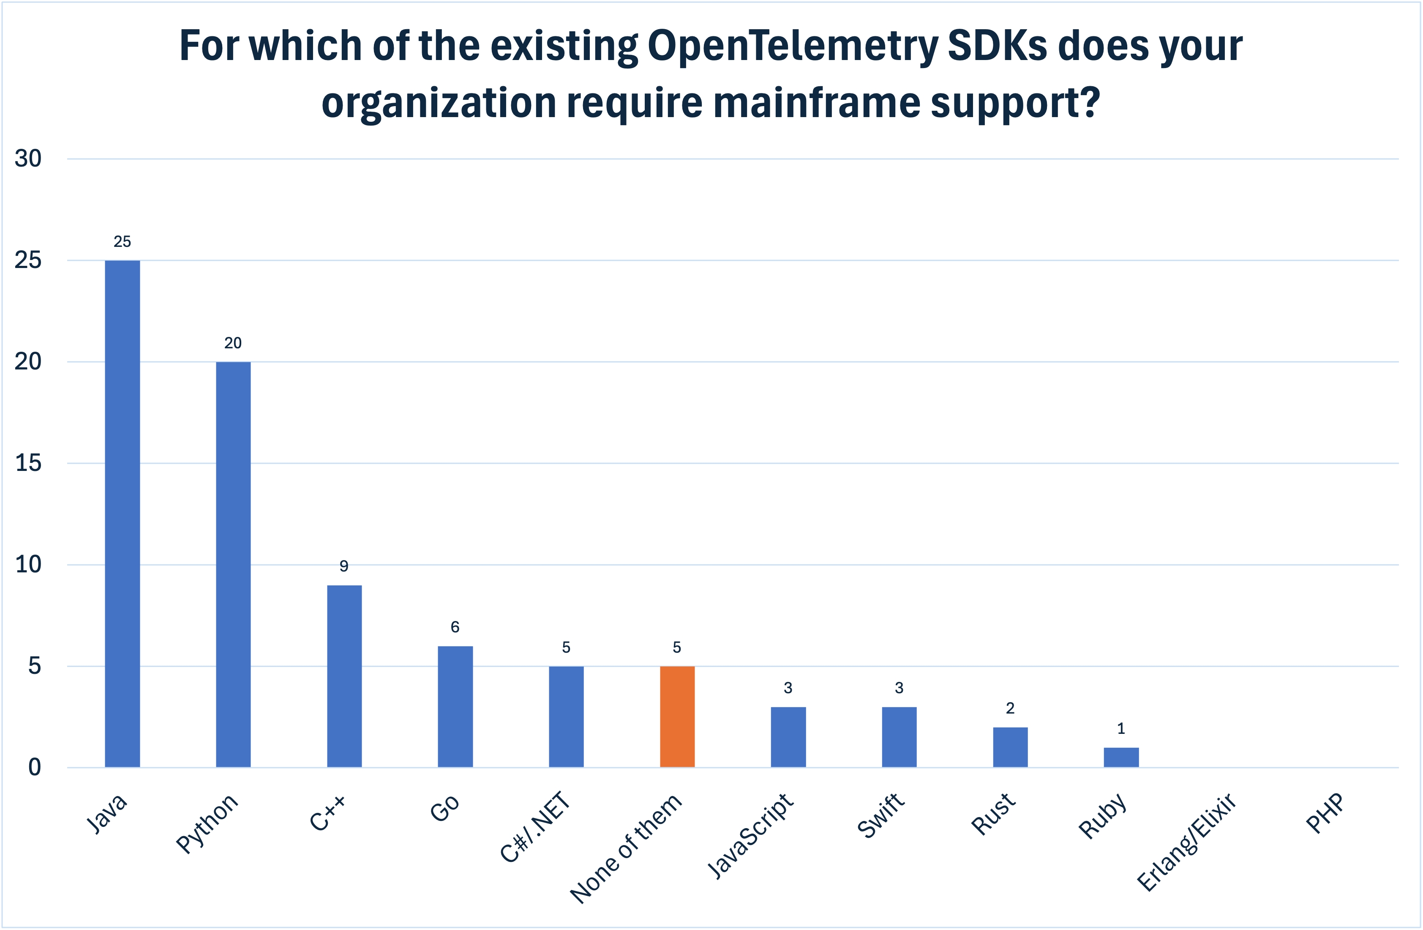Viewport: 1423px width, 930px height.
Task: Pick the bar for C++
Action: point(344,676)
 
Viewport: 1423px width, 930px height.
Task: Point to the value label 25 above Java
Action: point(122,242)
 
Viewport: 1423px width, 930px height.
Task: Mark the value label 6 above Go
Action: point(455,627)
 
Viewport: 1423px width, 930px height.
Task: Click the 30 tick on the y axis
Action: point(28,159)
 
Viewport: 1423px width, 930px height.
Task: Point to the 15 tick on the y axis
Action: point(28,463)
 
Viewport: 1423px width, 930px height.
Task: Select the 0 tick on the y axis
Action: point(34,767)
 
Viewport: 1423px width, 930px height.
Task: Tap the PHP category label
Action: point(1325,813)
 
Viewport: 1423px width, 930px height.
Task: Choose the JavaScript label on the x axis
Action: point(750,836)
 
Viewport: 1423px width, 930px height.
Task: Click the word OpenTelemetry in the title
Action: point(793,46)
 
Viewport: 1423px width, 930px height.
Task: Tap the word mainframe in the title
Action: point(817,103)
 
